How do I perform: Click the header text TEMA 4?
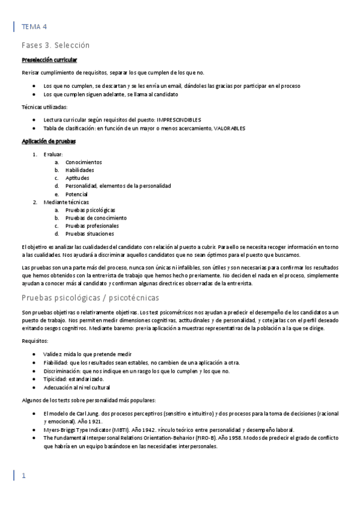point(34,27)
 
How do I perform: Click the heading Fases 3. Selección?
point(55,45)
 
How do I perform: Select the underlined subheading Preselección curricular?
point(49,60)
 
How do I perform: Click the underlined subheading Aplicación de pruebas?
point(48,141)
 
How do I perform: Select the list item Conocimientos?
point(84,162)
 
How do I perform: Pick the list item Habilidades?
point(80,170)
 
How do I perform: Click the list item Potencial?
point(77,194)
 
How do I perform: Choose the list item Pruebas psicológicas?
point(90,210)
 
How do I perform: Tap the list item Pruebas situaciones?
point(90,233)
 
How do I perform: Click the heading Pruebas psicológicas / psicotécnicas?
point(90,298)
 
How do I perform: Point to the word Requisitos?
point(34,340)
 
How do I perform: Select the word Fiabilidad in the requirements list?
point(58,363)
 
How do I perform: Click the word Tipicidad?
point(56,379)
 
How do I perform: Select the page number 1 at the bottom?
point(24,476)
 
